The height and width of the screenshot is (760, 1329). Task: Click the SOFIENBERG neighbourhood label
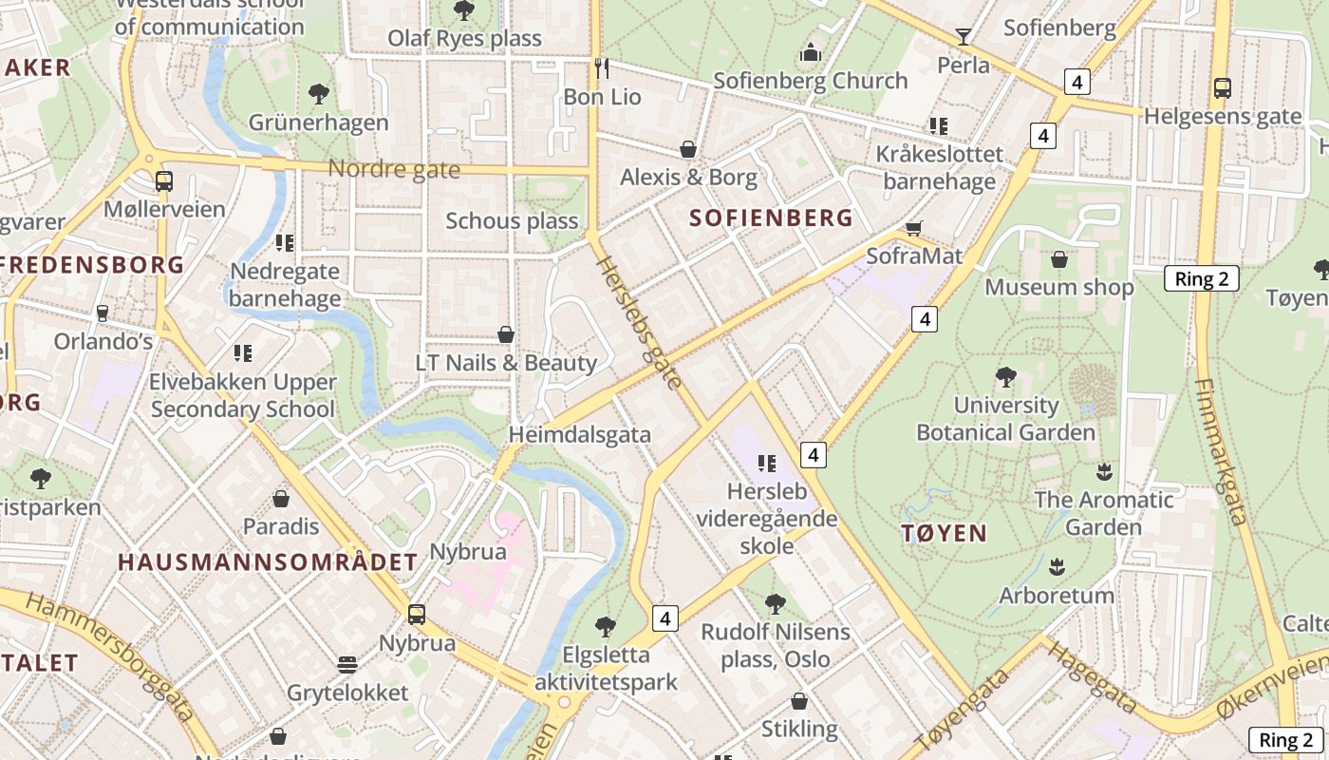(x=771, y=218)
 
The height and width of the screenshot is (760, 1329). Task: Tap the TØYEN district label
(x=944, y=533)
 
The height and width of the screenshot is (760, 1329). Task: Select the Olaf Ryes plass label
(x=464, y=39)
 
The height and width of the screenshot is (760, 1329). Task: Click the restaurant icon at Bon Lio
(x=601, y=67)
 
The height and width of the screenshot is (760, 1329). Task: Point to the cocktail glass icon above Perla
(x=964, y=37)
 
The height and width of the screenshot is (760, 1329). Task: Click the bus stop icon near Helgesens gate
(x=1223, y=88)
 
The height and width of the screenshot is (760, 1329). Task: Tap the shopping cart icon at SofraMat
(x=913, y=228)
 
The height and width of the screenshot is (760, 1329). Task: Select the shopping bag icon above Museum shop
(x=1059, y=259)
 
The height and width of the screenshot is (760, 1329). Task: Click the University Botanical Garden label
(x=1005, y=419)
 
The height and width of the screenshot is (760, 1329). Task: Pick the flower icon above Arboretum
(x=1057, y=568)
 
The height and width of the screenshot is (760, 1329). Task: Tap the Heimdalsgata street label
(x=580, y=435)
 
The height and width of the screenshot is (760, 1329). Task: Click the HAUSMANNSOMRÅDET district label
(x=268, y=562)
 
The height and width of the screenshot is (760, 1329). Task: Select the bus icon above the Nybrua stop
(x=417, y=615)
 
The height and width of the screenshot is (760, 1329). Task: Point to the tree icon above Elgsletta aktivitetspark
(x=606, y=626)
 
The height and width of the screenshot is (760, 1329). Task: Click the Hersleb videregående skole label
(x=767, y=519)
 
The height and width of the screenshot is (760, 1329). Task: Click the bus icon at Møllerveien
(x=164, y=181)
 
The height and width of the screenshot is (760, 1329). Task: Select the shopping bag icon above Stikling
(x=799, y=702)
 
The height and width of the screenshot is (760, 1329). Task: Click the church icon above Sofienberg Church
(x=810, y=53)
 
